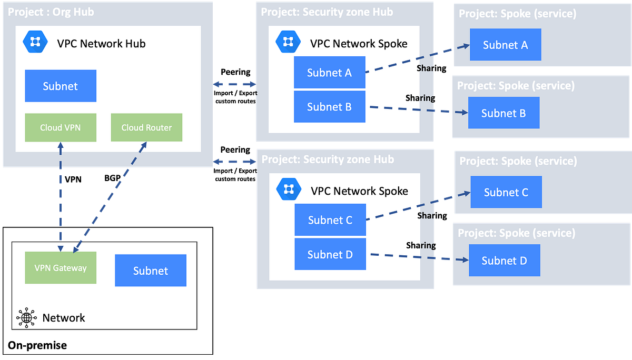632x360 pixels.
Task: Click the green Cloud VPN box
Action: [61, 127]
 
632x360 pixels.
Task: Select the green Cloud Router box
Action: [146, 127]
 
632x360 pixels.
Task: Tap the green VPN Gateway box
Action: [61, 267]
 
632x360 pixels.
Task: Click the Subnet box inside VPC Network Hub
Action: [61, 86]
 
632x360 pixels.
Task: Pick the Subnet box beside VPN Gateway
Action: [151, 271]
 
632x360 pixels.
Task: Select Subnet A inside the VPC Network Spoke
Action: [330, 73]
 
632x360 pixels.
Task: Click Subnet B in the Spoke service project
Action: [503, 113]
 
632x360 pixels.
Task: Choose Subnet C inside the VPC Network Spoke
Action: [330, 220]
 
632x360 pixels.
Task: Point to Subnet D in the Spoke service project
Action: [504, 261]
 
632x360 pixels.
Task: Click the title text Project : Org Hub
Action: [51, 12]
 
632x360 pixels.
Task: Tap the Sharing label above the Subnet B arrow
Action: [420, 98]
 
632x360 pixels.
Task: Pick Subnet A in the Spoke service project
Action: [505, 45]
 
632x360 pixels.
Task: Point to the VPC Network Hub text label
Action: [101, 43]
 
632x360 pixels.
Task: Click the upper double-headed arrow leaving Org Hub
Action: [234, 84]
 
